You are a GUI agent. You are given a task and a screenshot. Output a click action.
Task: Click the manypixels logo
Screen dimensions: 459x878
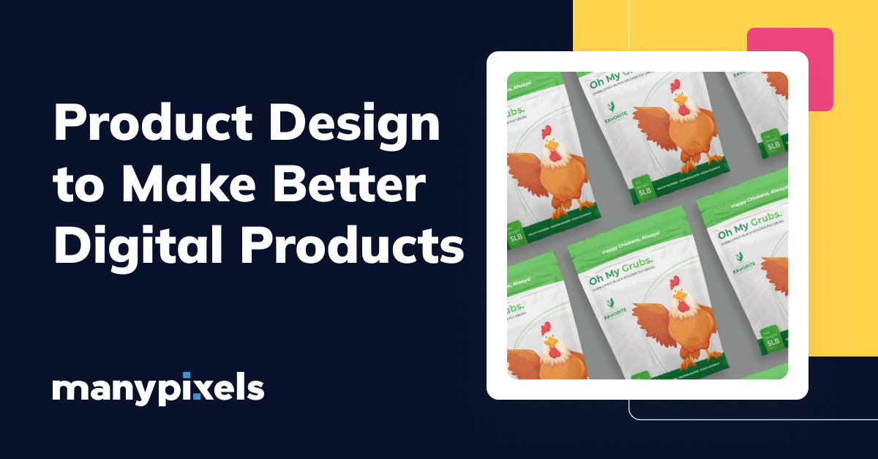(158, 389)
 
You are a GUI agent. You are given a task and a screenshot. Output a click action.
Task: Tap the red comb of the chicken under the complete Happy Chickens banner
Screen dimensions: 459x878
(675, 281)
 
